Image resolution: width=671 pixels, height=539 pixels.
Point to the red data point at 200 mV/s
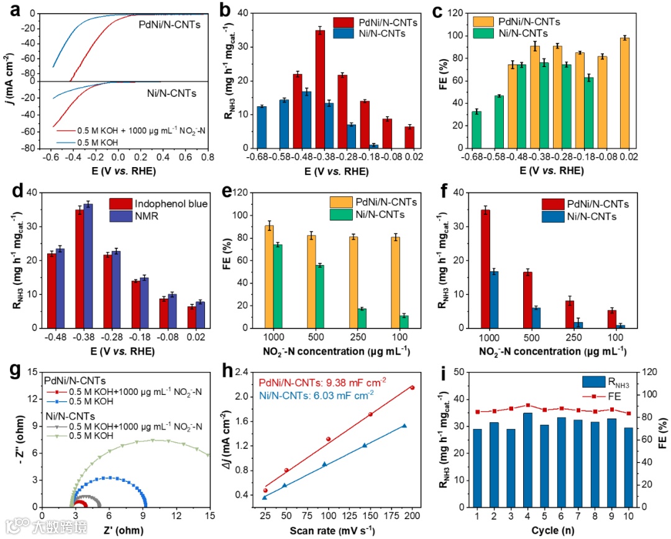click(412, 387)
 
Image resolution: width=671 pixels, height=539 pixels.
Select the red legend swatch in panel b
click(344, 22)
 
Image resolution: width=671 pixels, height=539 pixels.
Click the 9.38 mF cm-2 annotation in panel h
click(337, 381)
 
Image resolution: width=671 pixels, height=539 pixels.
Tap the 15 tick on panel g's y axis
click(32, 373)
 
